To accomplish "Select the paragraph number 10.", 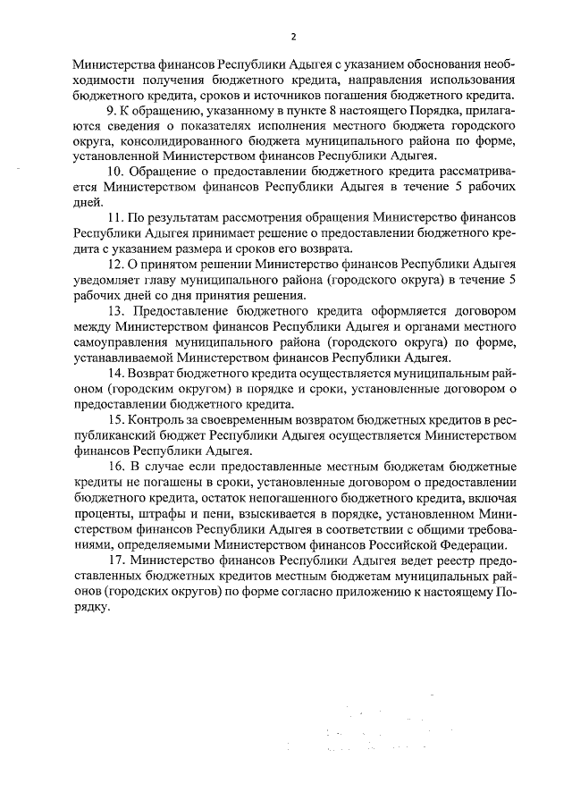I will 114,173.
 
